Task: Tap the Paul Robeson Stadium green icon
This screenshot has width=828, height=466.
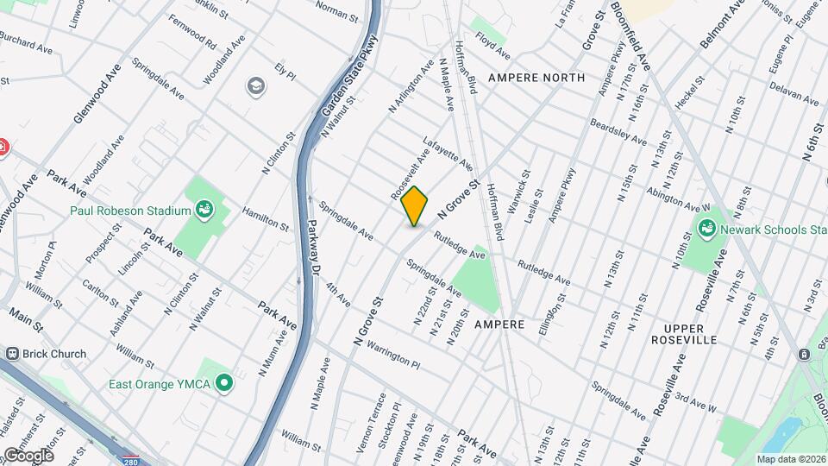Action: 204,209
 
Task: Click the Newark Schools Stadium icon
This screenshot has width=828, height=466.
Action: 707,228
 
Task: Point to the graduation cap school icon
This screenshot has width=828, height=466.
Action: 255,85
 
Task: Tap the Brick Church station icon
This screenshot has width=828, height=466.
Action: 13,354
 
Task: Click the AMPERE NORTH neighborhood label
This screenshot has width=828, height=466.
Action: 536,78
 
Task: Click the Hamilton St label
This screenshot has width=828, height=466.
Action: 265,218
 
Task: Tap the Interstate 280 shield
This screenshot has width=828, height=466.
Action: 130,458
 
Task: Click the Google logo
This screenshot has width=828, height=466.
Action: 28,455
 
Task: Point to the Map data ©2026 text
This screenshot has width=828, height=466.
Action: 791,459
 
